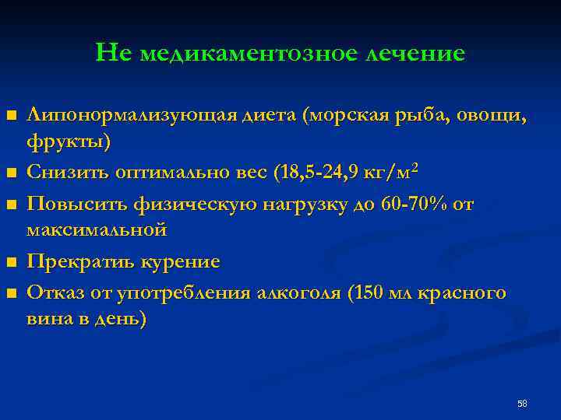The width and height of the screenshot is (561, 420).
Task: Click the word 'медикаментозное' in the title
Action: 245,53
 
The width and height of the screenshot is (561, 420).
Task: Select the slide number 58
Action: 522,404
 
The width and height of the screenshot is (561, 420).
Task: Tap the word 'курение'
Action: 181,262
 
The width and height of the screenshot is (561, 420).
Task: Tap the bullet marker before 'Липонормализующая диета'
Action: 11,117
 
